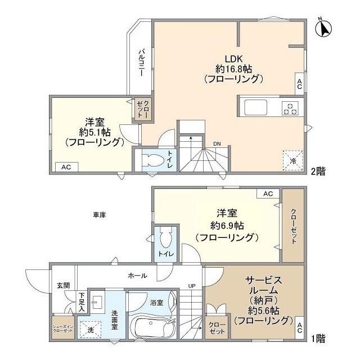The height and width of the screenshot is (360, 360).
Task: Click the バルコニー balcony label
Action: (x=141, y=62)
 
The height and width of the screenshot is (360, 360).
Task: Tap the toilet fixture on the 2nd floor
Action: (x=153, y=159)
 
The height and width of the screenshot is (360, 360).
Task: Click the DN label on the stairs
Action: (x=217, y=144)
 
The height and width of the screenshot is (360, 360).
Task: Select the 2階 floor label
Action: (x=318, y=172)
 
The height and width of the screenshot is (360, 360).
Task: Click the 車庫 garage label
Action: (x=100, y=214)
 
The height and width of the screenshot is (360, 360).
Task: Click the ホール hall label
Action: (x=137, y=276)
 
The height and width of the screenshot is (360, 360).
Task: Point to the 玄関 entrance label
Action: (x=62, y=285)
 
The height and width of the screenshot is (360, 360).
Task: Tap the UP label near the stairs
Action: (x=191, y=286)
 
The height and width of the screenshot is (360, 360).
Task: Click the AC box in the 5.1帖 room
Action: (x=66, y=166)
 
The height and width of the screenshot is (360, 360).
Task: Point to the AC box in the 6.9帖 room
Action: (x=268, y=193)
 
